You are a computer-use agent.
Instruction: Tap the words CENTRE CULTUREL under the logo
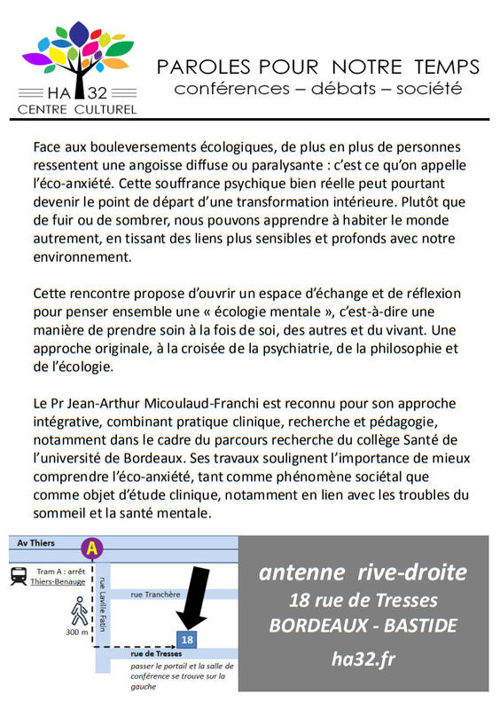click(79, 109)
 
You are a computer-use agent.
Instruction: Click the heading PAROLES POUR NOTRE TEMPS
click(318, 67)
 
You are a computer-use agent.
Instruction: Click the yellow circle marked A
click(88, 547)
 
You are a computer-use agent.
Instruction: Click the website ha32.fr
click(363, 659)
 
